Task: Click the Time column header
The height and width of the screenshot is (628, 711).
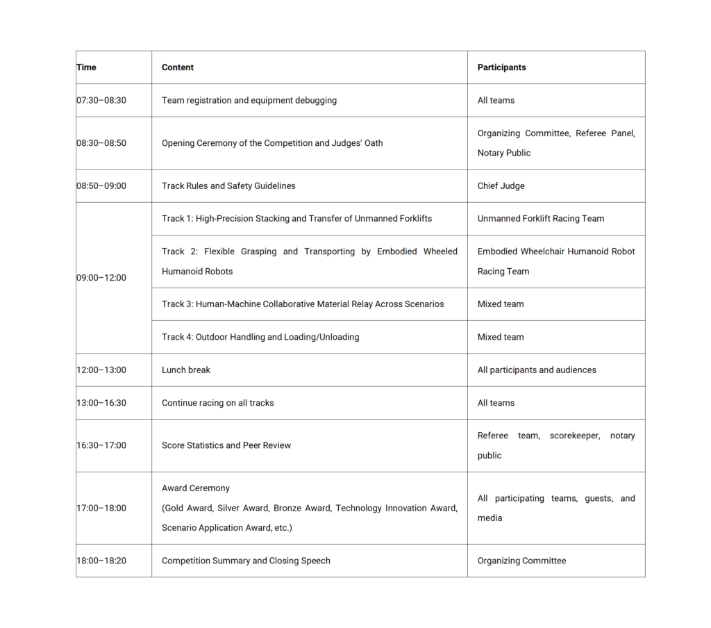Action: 87,67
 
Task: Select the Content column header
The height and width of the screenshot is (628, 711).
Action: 178,67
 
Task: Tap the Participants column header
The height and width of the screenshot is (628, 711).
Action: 501,67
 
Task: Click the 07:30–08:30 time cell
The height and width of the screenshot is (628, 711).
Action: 101,100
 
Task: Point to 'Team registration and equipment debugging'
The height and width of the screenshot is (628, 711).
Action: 249,100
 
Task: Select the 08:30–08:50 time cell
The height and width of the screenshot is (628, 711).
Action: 101,143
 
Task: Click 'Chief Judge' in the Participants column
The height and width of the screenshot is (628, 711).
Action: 501,186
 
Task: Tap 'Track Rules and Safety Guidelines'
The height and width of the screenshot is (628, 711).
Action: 228,186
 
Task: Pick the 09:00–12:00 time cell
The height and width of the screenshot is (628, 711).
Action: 101,278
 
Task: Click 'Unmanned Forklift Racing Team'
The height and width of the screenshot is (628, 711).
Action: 540,218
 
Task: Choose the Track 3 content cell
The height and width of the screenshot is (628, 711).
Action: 303,304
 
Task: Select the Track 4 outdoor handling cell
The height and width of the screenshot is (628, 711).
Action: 260,337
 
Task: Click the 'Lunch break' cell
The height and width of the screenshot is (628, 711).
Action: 186,370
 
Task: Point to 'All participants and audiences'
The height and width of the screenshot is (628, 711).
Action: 536,370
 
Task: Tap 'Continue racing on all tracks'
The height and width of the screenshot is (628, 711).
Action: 217,403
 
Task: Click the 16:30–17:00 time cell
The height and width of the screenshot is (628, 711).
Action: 101,445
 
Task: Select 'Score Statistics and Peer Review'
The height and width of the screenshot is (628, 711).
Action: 226,445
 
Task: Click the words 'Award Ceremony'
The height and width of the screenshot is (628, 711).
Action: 195,488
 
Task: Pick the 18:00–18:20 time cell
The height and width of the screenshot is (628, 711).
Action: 101,561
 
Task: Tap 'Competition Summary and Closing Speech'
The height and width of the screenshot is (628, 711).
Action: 246,561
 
